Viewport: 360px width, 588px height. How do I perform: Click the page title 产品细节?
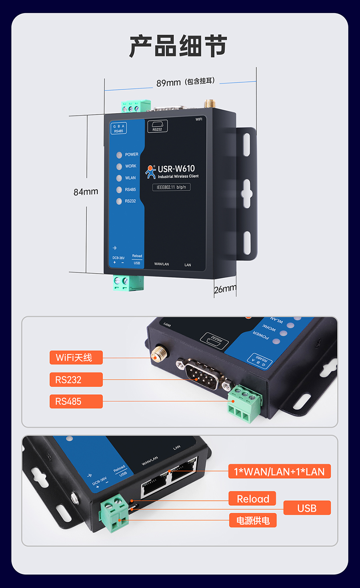[178, 46]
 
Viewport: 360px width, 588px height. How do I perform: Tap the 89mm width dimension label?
[168, 83]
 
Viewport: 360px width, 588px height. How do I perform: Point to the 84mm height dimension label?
[86, 192]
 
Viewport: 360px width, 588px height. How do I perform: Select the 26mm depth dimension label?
[225, 289]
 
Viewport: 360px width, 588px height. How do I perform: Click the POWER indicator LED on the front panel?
[119, 155]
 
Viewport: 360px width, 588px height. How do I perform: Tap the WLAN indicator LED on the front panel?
[119, 178]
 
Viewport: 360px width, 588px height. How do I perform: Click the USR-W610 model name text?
[176, 168]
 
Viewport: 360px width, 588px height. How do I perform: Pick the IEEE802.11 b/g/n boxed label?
[172, 187]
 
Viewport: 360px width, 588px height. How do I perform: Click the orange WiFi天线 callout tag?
[76, 358]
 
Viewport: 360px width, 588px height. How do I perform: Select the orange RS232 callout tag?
[76, 380]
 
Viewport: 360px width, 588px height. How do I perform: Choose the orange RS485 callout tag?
[76, 401]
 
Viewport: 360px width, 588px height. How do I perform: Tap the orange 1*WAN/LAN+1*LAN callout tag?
[279, 471]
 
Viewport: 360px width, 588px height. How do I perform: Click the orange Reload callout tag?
[252, 498]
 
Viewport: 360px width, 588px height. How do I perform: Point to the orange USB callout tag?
[307, 508]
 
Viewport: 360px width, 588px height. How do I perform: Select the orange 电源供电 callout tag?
[253, 520]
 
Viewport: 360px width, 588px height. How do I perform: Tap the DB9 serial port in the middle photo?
[202, 374]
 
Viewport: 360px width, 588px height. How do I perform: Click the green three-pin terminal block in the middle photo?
[245, 403]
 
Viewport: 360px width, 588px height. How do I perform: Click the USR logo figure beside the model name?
[150, 172]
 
